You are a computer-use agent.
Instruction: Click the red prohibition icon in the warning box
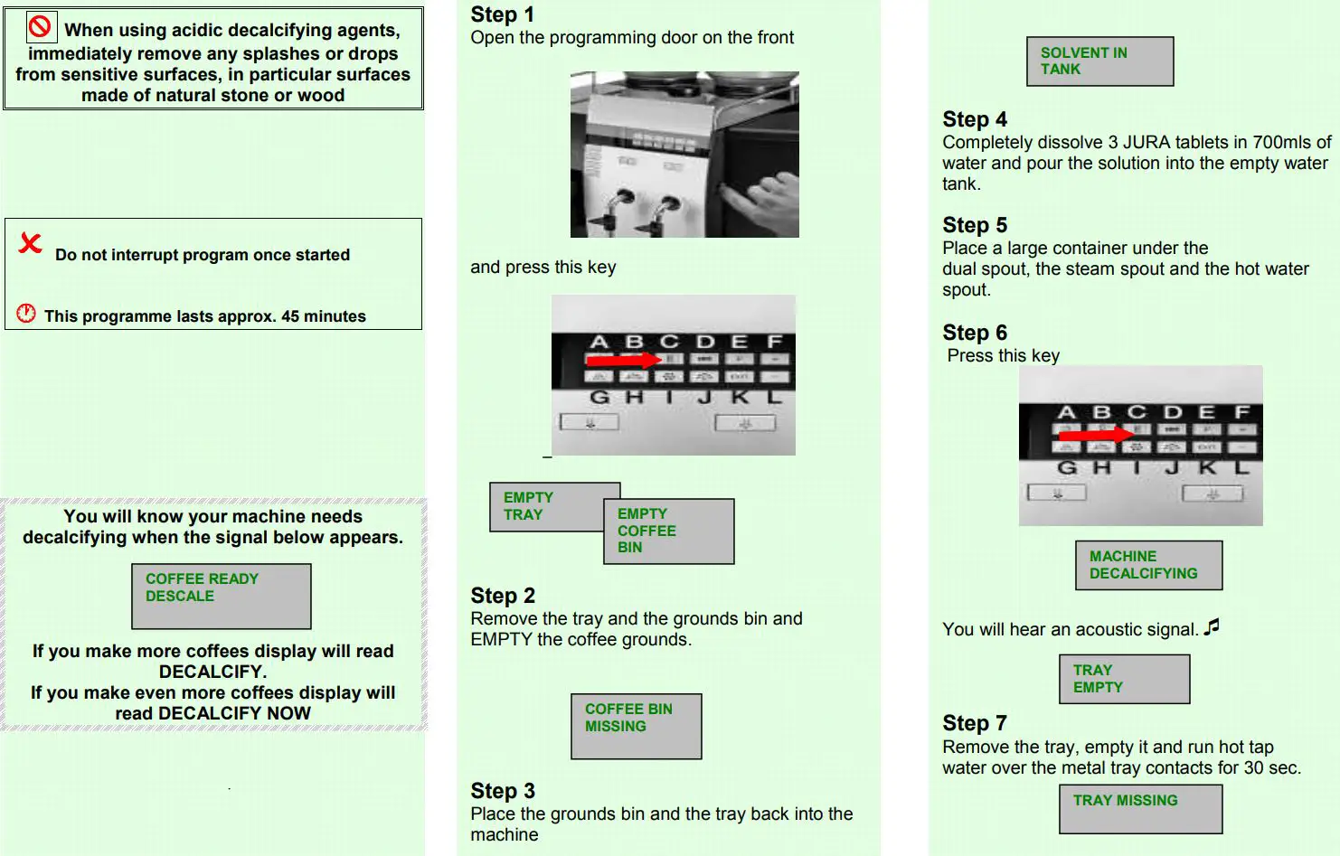tap(40, 27)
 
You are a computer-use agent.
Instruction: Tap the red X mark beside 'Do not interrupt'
tap(31, 243)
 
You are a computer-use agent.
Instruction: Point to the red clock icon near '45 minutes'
tap(26, 314)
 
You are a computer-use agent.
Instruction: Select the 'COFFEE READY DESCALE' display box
tap(221, 596)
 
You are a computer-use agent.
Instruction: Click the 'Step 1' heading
tap(502, 14)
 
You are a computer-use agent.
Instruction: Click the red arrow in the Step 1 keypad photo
tap(624, 360)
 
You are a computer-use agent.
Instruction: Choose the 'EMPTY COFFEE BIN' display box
tap(668, 531)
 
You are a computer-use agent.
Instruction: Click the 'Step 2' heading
tap(503, 596)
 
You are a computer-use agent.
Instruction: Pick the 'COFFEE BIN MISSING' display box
tap(636, 726)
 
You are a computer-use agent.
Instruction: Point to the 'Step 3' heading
tap(503, 791)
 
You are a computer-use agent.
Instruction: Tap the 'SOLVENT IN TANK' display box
tap(1099, 61)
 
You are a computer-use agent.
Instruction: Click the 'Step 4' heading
tap(975, 119)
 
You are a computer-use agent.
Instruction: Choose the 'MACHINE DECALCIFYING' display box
tap(1148, 565)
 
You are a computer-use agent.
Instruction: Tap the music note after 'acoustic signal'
tap(1212, 626)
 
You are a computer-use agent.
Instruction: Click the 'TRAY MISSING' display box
tap(1140, 808)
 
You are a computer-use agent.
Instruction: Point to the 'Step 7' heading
tap(975, 723)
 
